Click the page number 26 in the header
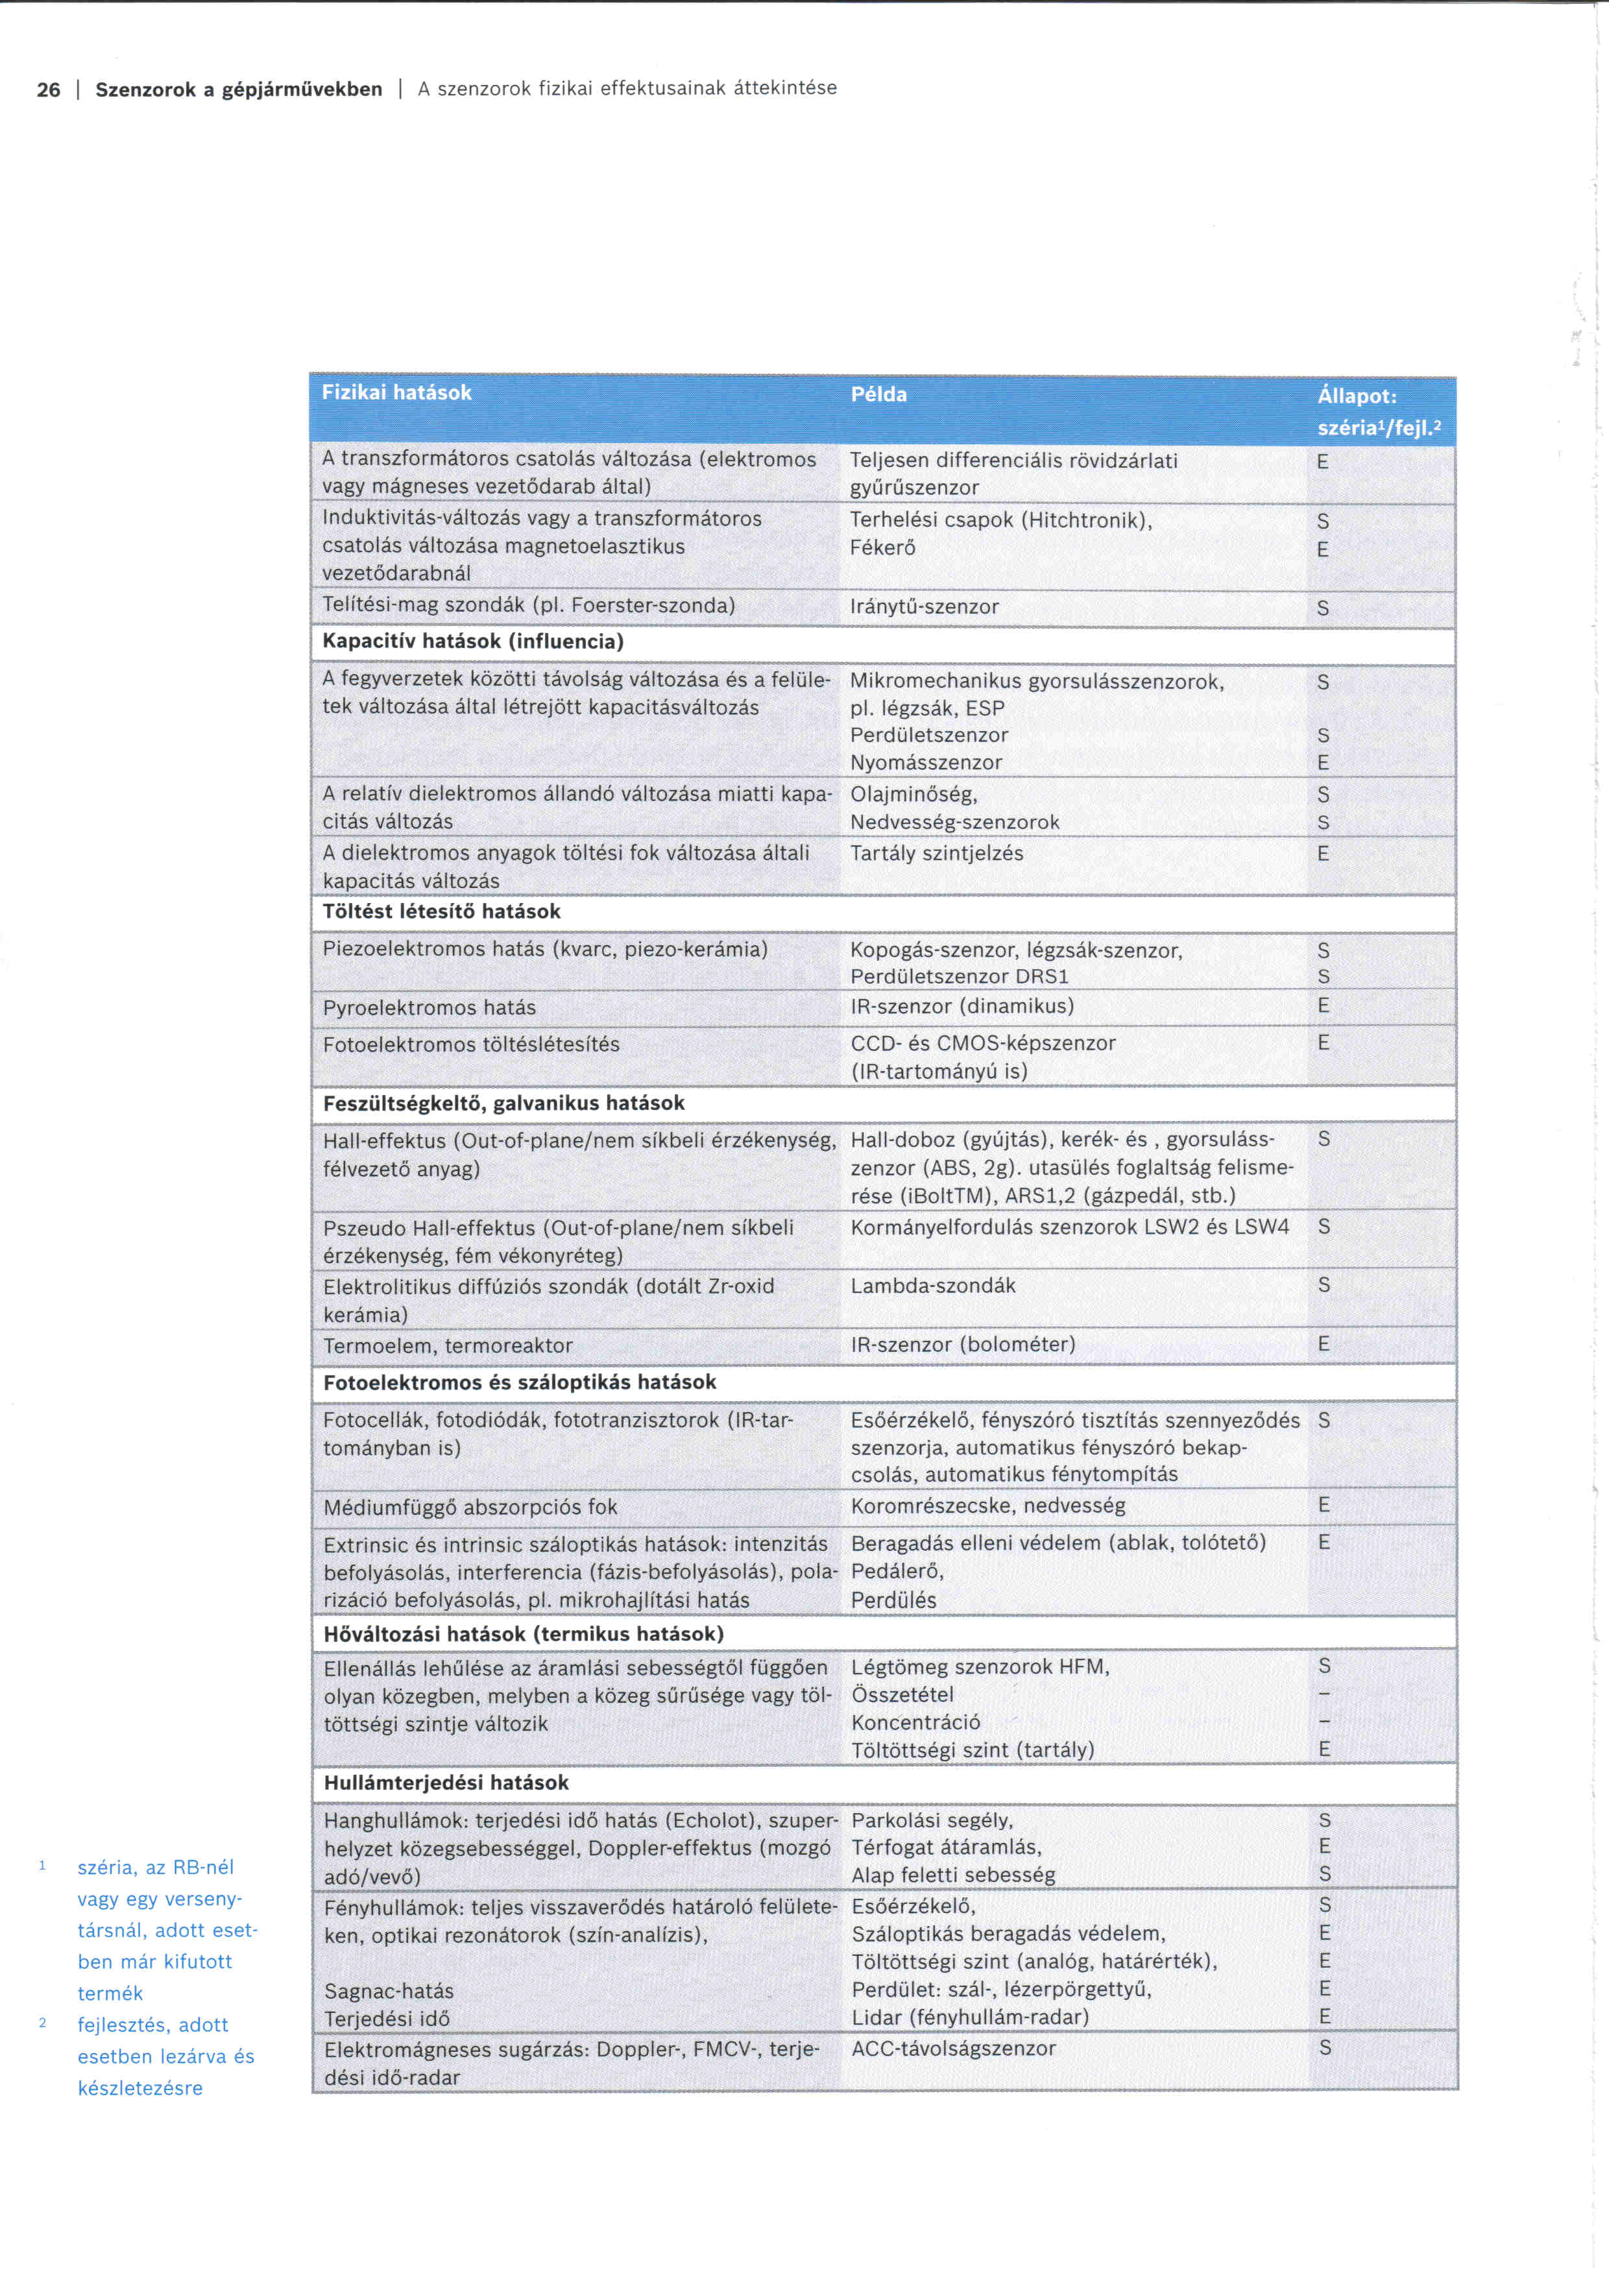point(47,90)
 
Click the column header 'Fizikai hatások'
point(396,392)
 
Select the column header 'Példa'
point(879,394)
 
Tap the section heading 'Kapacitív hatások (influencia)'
point(472,641)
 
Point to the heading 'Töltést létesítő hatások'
point(441,911)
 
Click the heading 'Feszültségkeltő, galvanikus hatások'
point(503,1103)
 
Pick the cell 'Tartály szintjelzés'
point(936,853)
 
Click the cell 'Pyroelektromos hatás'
point(428,1007)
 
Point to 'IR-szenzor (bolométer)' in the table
point(962,1345)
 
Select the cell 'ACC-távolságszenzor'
point(953,2048)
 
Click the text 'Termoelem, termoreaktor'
point(447,1345)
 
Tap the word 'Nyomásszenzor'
point(925,762)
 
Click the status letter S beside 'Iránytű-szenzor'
point(1323,608)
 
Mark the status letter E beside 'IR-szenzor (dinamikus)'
point(1323,1005)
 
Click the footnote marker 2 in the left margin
point(43,2023)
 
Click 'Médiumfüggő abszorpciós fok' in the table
point(470,1507)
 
